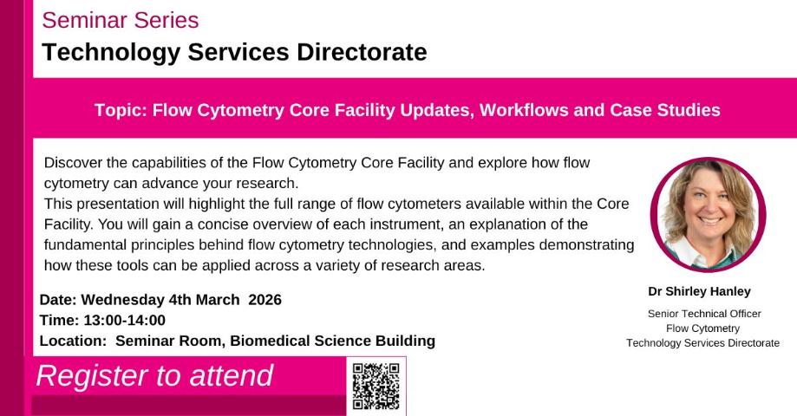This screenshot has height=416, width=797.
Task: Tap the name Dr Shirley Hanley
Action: tap(700, 291)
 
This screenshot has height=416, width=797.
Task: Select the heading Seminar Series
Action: tap(120, 20)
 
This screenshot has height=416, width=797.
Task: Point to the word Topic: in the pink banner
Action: tap(120, 110)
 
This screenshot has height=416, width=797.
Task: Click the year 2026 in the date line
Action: tap(265, 300)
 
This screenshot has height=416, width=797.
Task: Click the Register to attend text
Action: tap(154, 375)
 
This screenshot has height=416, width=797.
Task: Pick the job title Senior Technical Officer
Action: tap(703, 314)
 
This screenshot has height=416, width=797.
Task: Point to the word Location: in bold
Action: tap(73, 341)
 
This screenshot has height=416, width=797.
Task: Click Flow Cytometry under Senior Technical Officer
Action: tap(702, 328)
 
